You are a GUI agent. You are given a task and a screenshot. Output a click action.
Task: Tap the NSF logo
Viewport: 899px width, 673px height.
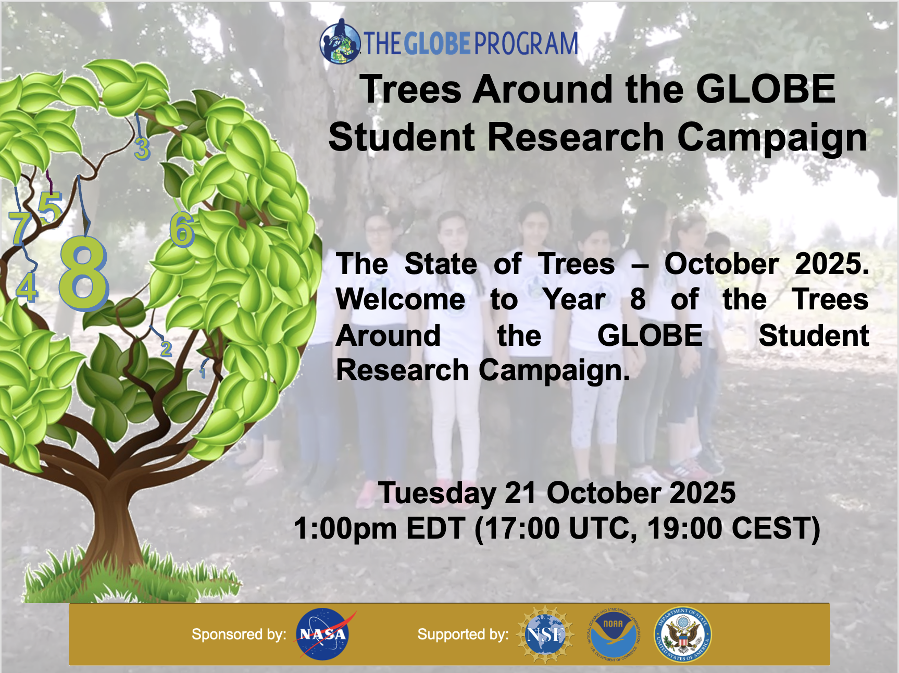coord(545,634)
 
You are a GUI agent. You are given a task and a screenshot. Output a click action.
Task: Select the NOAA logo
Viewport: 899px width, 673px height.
coord(614,634)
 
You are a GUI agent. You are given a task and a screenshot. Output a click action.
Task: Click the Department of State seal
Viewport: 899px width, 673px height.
coord(683,634)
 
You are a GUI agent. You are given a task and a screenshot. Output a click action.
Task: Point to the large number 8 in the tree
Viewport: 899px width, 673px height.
coord(83,272)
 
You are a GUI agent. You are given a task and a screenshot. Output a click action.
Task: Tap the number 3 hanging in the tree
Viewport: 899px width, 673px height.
coord(142,149)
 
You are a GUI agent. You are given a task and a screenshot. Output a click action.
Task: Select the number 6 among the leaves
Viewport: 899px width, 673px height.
coord(182,229)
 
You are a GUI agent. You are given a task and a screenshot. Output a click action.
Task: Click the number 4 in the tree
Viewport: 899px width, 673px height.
coord(27,287)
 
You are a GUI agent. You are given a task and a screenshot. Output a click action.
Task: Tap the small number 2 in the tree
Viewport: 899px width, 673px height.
coord(166,348)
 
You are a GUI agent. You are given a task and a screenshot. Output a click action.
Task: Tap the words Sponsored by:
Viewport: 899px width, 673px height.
coord(239,634)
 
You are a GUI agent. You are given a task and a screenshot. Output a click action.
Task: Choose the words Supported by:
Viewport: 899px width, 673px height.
coord(463,634)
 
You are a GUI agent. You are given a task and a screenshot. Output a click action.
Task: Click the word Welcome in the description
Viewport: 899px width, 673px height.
coord(401,300)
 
